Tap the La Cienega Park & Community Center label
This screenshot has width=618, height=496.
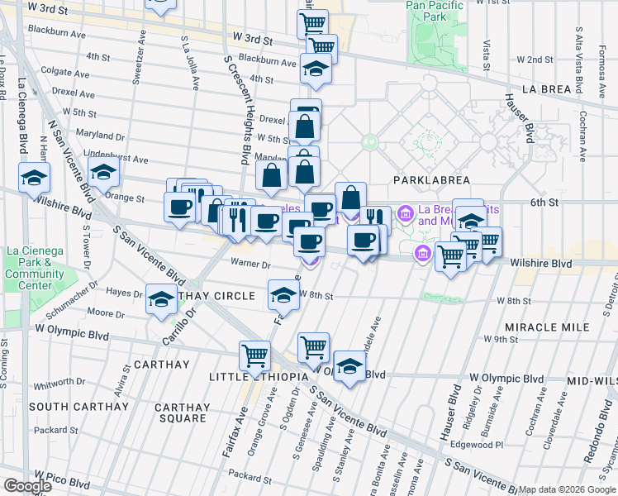click(35, 269)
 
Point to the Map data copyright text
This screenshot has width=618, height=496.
click(567, 489)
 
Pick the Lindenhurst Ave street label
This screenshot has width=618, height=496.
click(107, 158)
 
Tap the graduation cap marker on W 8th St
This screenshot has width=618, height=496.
click(283, 294)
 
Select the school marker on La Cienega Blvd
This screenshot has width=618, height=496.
click(35, 178)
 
